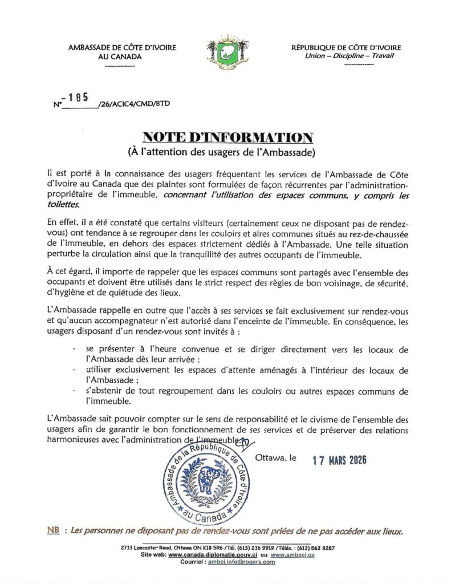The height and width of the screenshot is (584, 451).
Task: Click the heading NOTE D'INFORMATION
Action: click(227, 137)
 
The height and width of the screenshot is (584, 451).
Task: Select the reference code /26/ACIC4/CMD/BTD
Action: click(134, 104)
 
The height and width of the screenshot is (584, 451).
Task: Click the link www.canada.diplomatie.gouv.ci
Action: click(214, 555)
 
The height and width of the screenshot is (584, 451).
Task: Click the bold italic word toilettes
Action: click(64, 205)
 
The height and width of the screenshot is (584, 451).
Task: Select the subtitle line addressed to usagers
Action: click(227, 152)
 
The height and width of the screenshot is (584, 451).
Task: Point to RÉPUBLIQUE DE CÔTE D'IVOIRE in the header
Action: click(346, 48)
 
